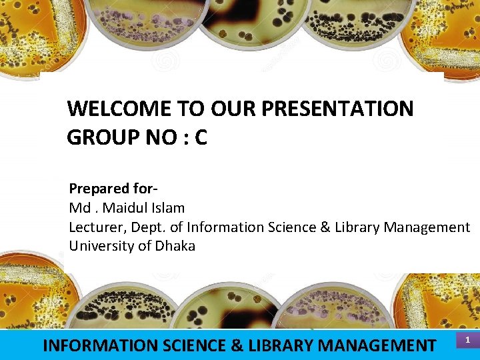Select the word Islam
(167, 208)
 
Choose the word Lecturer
(97, 227)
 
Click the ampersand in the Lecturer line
(325, 227)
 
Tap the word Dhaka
(175, 246)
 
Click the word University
(102, 246)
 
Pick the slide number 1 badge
(467, 341)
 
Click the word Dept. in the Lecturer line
(149, 227)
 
